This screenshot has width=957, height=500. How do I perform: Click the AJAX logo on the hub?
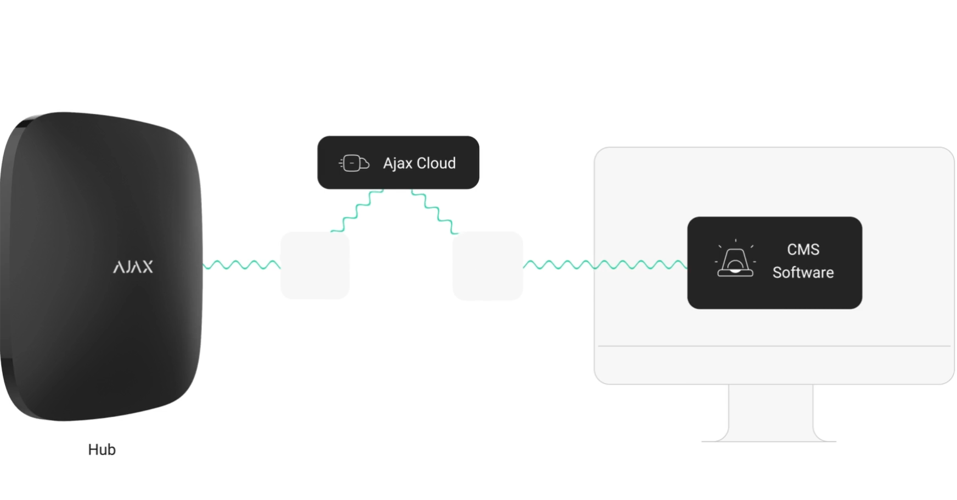133,267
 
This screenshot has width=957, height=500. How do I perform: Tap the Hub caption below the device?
102,450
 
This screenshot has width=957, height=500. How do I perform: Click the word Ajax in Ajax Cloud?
397,163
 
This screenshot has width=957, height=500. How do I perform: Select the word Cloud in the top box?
436,163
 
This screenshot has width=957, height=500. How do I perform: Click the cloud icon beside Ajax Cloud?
354,163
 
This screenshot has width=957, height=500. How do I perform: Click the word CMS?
803,249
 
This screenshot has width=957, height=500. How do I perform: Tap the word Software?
803,272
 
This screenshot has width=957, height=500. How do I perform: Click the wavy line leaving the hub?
241,265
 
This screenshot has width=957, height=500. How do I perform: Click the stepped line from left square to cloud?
357,211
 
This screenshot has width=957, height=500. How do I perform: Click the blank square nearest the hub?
315,265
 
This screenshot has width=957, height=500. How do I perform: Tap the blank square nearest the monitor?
487,266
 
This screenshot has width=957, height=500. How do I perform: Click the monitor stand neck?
770,411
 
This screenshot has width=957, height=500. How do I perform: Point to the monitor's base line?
768,441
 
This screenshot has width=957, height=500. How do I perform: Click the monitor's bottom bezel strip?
774,365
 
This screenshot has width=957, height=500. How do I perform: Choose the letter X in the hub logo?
147,267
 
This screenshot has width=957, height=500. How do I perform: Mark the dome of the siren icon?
735,259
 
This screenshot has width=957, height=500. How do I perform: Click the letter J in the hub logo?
127,268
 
